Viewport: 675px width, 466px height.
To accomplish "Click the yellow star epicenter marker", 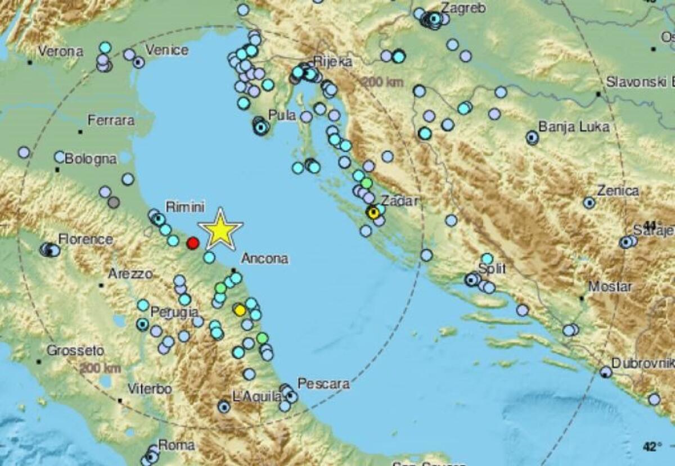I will click(220, 230).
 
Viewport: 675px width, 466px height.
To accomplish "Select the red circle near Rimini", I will click(192, 243).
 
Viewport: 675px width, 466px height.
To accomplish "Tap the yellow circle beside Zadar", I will click(373, 212).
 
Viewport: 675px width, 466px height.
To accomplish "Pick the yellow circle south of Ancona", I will click(240, 310).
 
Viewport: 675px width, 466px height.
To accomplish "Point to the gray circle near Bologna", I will click(114, 202).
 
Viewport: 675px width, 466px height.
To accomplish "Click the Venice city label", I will click(166, 51).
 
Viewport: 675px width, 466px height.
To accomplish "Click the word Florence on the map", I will click(85, 239).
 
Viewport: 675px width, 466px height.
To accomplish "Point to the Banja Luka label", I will click(574, 126).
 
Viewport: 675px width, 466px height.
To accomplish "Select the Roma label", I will click(176, 445).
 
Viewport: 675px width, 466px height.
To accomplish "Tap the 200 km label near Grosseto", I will click(100, 369).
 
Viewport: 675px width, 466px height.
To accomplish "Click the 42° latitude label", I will click(651, 447).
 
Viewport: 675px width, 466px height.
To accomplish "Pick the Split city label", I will click(492, 269).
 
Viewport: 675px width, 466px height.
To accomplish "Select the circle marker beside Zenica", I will click(589, 202).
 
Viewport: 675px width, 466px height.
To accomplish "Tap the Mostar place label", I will click(610, 287).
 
